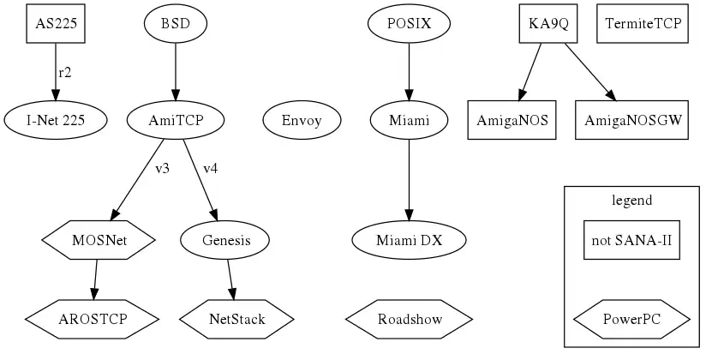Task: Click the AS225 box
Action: click(57, 24)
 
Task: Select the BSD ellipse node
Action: click(176, 24)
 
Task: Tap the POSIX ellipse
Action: click(409, 24)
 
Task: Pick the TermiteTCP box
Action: click(643, 24)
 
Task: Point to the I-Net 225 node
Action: click(57, 120)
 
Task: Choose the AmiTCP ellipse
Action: click(176, 120)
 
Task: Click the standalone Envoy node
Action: click(302, 120)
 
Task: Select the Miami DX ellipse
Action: click(409, 241)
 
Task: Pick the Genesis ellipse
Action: click(226, 241)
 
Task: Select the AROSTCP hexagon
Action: click(92, 320)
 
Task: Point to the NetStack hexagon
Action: click(237, 320)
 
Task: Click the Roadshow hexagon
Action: click(410, 320)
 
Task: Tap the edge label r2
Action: click(65, 73)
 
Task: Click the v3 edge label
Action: click(162, 169)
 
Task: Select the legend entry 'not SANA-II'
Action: click(632, 241)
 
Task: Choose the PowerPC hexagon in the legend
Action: click(632, 320)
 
